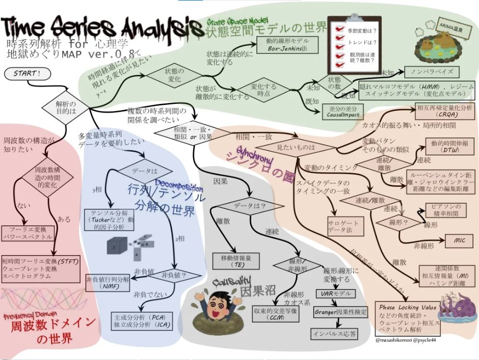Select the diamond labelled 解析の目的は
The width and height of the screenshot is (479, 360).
coord(65,107)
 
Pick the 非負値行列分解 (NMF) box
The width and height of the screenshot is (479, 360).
coord(108,283)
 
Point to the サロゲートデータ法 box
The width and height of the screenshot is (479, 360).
coord(346,227)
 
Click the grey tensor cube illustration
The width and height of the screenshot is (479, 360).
coord(116,246)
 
